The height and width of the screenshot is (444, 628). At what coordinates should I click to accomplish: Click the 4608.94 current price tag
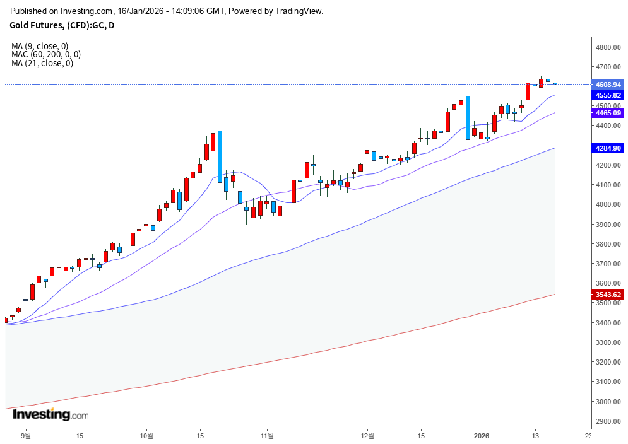click(x=608, y=84)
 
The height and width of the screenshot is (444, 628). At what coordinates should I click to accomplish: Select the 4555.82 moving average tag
click(x=608, y=95)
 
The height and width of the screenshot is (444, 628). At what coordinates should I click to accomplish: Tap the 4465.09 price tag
click(x=608, y=113)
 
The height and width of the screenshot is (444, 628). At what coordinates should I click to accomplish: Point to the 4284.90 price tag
click(x=608, y=148)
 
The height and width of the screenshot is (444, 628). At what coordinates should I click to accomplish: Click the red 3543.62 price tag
click(x=608, y=295)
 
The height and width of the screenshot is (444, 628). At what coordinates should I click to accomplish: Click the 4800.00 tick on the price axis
click(x=608, y=47)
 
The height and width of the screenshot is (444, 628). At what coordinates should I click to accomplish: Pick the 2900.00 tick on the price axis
click(x=608, y=421)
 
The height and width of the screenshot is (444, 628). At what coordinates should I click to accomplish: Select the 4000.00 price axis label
click(x=608, y=204)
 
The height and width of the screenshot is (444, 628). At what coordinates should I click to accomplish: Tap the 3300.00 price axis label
click(x=608, y=342)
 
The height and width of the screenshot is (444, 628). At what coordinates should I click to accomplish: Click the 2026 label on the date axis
click(x=482, y=435)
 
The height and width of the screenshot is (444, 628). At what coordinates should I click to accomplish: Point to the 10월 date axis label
click(x=146, y=435)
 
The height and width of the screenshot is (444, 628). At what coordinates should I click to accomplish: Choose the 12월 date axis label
click(x=367, y=435)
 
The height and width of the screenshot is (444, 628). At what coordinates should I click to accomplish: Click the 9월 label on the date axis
click(x=26, y=435)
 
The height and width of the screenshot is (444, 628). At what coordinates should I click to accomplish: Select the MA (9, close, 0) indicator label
click(x=40, y=46)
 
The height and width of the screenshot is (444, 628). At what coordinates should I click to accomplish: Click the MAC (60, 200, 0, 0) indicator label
click(x=46, y=55)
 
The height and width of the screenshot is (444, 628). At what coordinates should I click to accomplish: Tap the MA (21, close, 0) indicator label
click(x=42, y=63)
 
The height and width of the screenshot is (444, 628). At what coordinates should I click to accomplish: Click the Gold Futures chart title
click(x=62, y=25)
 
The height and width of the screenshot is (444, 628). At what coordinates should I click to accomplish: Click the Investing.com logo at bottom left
click(x=50, y=414)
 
